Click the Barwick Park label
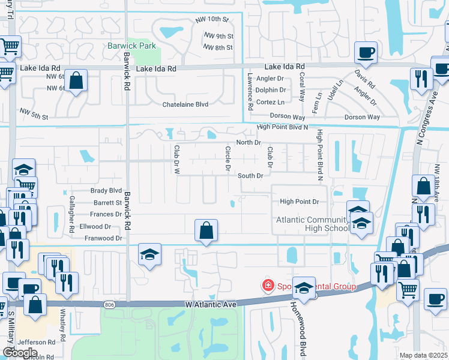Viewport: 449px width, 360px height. click(x=131, y=46)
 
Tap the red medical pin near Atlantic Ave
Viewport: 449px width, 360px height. click(x=268, y=286)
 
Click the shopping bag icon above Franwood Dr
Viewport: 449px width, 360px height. click(x=206, y=229)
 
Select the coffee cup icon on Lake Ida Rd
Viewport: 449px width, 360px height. click(x=365, y=52)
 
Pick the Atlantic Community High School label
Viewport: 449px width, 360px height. click(x=312, y=224)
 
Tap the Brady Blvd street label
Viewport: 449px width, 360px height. click(x=106, y=190)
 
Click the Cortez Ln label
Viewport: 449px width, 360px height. click(x=270, y=102)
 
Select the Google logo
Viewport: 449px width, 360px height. click(x=20, y=353)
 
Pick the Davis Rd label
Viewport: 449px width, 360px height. click(x=364, y=79)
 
